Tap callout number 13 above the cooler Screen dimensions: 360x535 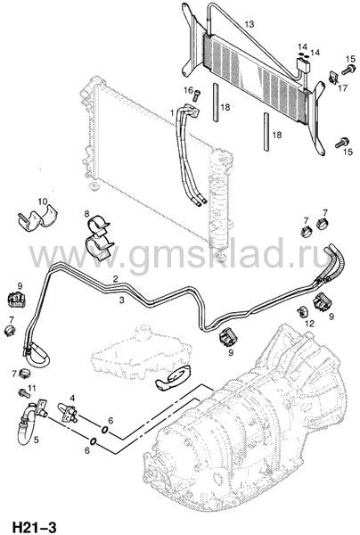[250, 24]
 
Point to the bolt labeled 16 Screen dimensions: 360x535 [197, 95]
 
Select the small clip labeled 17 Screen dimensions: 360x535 [333, 78]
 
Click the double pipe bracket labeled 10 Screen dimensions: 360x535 [38, 218]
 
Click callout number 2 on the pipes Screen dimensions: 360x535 [116, 279]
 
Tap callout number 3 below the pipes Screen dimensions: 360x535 [122, 300]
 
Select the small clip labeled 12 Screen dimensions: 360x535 [302, 311]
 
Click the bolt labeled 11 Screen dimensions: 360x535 [24, 392]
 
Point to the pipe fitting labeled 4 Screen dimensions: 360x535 [68, 412]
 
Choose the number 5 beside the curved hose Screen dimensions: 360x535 [36, 440]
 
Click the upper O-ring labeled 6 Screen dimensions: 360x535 [104, 429]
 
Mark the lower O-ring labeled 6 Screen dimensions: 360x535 [93, 441]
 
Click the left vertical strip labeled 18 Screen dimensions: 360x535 [217, 102]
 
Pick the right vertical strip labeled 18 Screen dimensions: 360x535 [266, 132]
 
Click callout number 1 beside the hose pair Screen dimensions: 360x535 [172, 112]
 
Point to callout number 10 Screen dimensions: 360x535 [43, 202]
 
